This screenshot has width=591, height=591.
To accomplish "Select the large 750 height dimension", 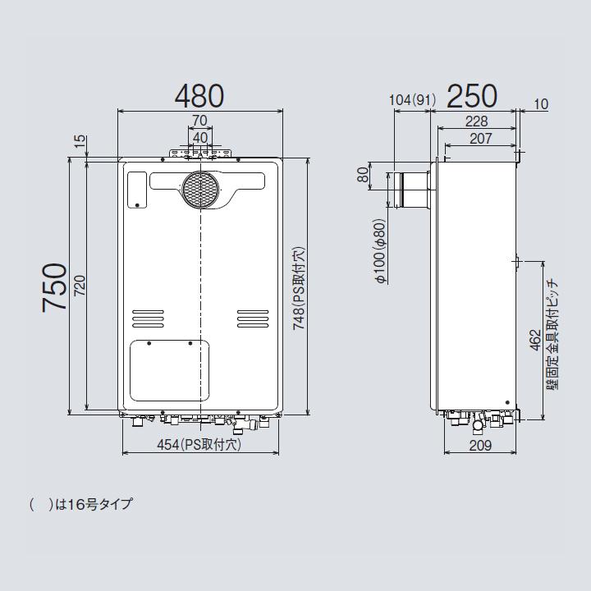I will point(55,286).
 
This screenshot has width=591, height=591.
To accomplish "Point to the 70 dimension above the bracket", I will point(199,121).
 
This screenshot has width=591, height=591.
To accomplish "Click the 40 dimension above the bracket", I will point(199,137).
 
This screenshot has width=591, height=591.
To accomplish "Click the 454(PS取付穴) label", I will point(199,445).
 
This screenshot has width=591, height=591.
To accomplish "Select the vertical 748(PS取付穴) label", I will point(300,287).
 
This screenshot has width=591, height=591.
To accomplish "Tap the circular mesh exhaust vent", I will point(200,190).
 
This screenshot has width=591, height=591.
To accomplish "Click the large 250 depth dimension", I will point(472,96).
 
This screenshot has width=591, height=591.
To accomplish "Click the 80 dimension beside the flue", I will point(362,176).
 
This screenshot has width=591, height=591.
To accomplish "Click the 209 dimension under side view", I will point(480,446).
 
